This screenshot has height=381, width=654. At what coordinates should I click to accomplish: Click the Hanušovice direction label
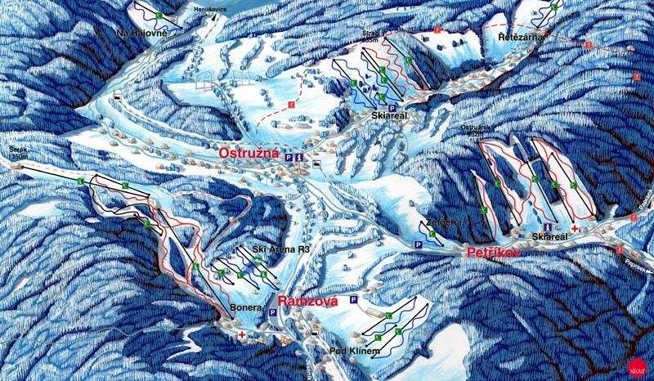pyautogui.click(x=209, y=9)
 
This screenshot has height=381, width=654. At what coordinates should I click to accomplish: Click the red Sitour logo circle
pyautogui.click(x=635, y=365)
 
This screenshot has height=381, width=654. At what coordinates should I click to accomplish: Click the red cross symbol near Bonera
pyautogui.click(x=242, y=334)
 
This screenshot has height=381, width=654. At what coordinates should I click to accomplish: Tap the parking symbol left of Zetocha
pyautogui.click(x=417, y=244)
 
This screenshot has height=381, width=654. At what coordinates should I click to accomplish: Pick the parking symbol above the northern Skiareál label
pyautogui.click(x=392, y=107)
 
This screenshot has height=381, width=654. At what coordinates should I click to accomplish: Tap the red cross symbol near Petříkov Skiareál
pyautogui.click(x=576, y=228)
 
